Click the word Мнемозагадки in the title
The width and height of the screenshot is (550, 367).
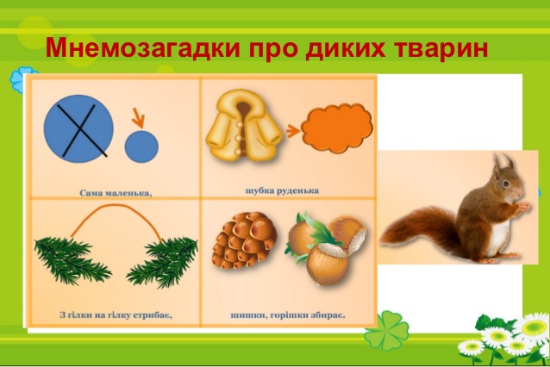(143, 47)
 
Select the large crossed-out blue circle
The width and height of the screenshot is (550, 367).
(78, 128)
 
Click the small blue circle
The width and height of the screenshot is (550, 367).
(141, 146)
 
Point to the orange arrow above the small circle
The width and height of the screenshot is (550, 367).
(138, 118)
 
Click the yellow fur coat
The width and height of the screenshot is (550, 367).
(244, 125)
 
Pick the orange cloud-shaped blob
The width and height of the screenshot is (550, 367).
(337, 128)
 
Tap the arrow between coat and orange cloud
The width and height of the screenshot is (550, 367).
(293, 131)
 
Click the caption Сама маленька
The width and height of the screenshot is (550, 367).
(116, 193)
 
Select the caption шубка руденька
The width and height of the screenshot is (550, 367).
(282, 191)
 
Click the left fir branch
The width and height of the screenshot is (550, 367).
(72, 259)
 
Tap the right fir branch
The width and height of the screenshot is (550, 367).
(162, 261)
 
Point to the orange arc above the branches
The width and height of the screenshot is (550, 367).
(116, 205)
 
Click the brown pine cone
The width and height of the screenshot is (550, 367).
(244, 240)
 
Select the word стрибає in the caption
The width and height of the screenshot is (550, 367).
(153, 315)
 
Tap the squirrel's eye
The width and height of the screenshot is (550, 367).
(506, 183)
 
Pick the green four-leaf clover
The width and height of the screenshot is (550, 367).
(387, 331)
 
